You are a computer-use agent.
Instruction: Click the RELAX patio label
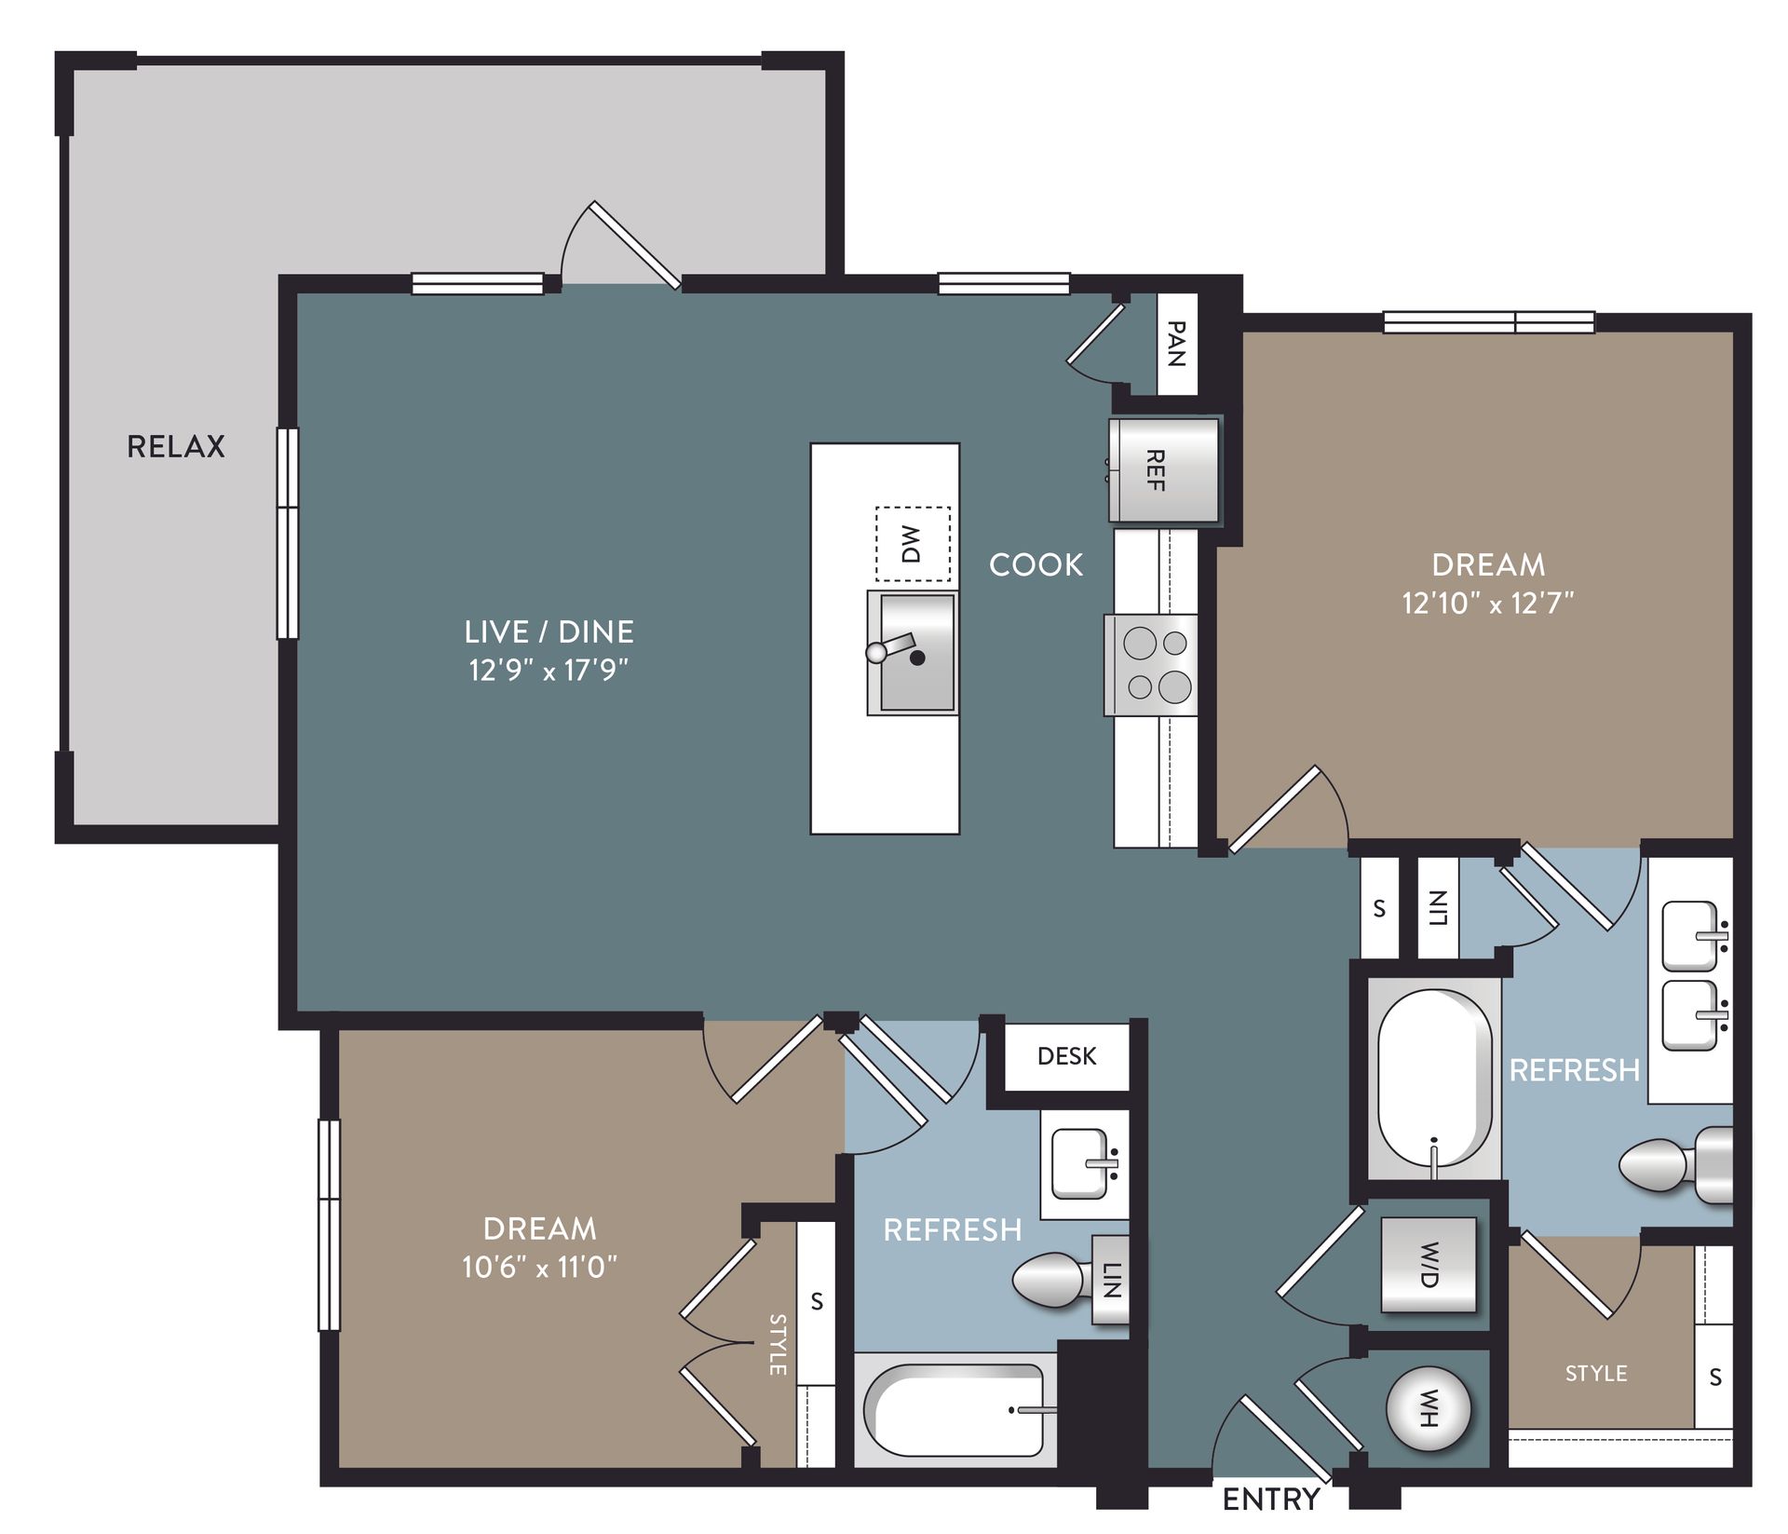[175, 446]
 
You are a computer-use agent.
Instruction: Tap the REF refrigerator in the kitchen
[1162, 470]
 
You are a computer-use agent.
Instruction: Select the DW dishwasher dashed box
[912, 544]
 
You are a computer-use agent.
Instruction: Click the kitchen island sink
[913, 653]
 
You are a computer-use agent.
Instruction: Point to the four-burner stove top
[1151, 665]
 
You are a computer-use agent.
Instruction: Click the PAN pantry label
[1176, 344]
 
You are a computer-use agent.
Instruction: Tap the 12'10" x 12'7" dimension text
[1487, 604]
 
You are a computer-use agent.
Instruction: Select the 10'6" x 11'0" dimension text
[539, 1267]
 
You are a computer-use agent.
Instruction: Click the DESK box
[1066, 1055]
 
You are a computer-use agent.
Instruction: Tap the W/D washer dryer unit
[1429, 1265]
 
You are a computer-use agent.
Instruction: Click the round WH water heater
[1429, 1409]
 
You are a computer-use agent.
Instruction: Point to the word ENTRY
[1270, 1500]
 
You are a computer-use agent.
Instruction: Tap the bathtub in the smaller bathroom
[955, 1410]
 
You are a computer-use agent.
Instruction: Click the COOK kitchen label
[1036, 564]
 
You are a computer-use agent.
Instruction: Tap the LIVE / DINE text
[549, 631]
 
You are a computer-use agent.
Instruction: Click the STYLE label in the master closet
[1595, 1373]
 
